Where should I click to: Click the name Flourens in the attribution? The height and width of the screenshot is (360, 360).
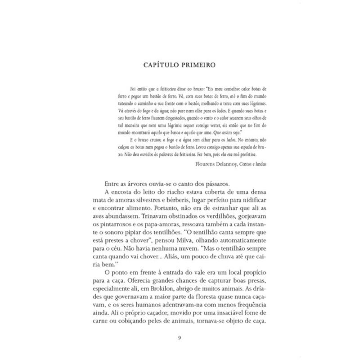[207, 164]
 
